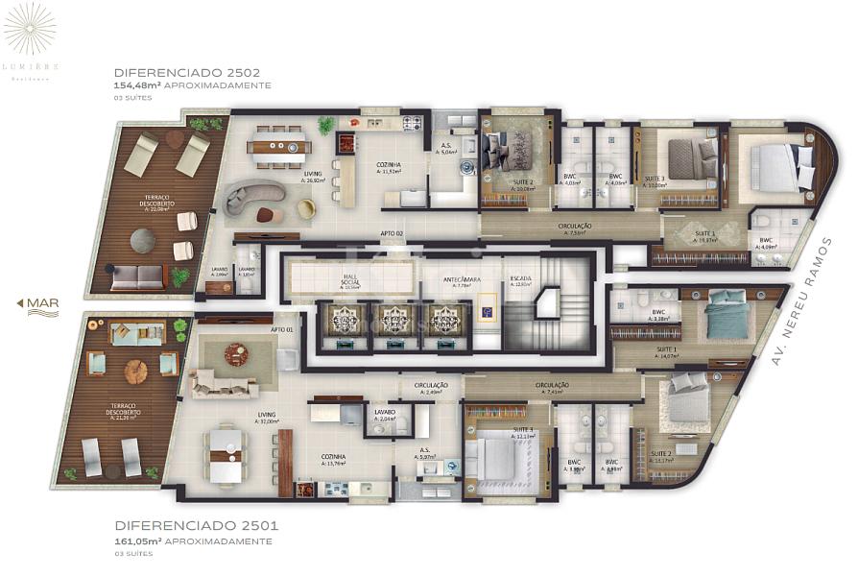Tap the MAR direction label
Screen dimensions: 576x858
coord(39,304)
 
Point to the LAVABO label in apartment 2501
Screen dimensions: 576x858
coord(385,414)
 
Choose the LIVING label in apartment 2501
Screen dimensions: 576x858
coord(267,416)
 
